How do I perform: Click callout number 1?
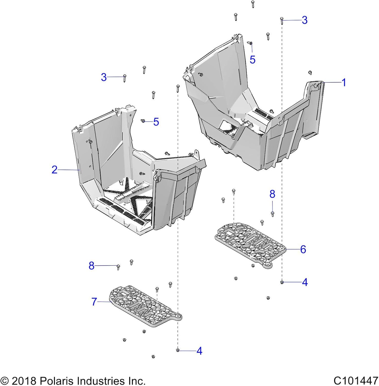[344, 83]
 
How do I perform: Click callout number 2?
[55, 170]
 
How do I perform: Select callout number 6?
[303, 249]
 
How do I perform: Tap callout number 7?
[94, 302]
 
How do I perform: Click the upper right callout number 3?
[305, 20]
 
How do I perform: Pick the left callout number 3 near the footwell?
[104, 77]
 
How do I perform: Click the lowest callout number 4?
[199, 351]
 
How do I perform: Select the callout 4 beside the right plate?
[305, 282]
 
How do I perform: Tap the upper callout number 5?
[252, 60]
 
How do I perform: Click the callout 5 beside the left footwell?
[156, 122]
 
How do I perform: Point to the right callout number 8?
[272, 194]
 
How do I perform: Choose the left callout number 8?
[92, 266]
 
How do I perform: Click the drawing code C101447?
[356, 381]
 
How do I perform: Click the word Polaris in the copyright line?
[56, 381]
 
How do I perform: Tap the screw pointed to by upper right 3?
[282, 20]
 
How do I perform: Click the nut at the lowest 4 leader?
[178, 350]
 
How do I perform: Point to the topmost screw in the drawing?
[253, 4]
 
